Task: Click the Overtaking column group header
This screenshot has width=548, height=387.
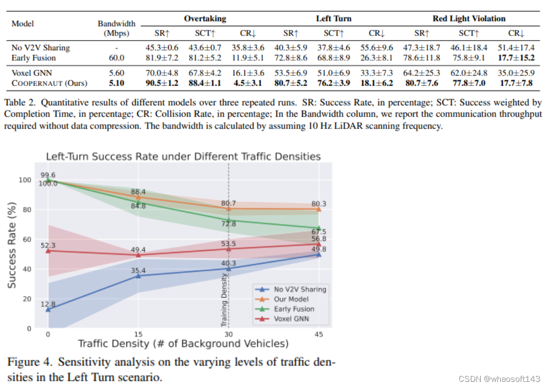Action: [x=205, y=19]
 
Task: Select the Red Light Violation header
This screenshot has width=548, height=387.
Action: [x=469, y=19]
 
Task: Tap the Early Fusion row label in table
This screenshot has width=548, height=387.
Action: [x=33, y=58]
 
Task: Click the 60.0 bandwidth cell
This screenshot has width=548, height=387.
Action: [x=117, y=58]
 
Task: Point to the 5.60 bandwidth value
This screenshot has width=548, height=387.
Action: [x=117, y=73]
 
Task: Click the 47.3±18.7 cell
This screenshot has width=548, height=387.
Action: [x=422, y=48]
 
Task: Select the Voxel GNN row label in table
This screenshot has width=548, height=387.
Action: [x=32, y=73]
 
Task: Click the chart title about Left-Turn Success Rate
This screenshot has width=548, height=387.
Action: [x=183, y=156]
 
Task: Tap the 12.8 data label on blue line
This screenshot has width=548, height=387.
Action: [x=48, y=304]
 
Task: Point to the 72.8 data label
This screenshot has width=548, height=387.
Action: [x=229, y=224]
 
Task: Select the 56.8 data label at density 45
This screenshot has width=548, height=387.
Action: [x=318, y=238]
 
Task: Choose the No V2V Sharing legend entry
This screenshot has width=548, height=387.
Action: [x=300, y=289]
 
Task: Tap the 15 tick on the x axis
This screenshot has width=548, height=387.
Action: [x=138, y=334]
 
